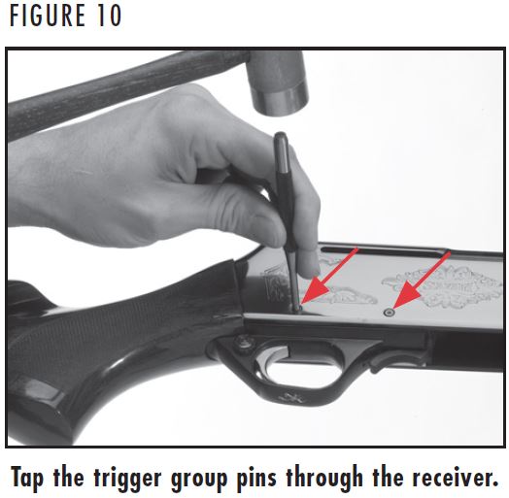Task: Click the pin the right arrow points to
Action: pos(390,313)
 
